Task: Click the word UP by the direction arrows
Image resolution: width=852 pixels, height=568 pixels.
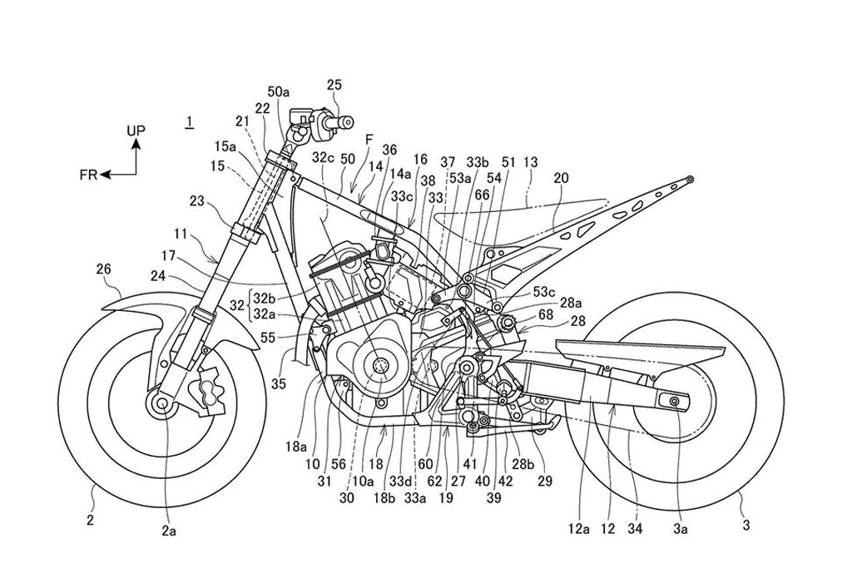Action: click(136, 131)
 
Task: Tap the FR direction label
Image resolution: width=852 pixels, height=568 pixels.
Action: click(89, 175)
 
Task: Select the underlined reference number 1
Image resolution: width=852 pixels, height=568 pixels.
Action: click(191, 122)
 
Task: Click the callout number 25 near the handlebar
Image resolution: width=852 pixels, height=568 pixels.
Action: click(334, 84)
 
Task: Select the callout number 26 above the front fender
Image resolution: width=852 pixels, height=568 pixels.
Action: click(103, 269)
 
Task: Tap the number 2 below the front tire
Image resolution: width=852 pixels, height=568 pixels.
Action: click(91, 521)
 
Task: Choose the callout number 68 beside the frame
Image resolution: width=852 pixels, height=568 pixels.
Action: click(545, 314)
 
